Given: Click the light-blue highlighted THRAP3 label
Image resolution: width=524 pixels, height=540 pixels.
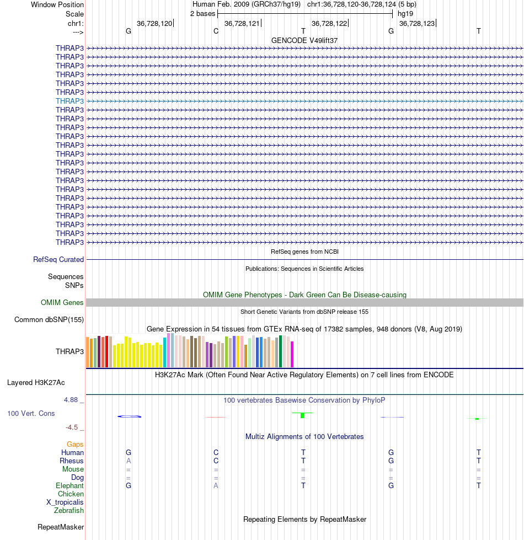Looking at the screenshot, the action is point(70,101).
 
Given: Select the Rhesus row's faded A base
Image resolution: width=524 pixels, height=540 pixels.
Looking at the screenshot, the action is point(129,461).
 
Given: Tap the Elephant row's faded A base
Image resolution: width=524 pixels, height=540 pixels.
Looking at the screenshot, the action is point(216,485).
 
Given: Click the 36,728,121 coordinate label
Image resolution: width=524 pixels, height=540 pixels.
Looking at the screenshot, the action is point(242,23).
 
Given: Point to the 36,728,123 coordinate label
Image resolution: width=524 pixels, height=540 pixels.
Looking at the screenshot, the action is point(417,23).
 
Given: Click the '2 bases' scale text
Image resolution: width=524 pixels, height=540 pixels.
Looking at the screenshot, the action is point(203,14).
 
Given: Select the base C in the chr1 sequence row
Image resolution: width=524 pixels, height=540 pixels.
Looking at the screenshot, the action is point(216,31).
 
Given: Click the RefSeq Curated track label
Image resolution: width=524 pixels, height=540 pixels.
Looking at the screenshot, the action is point(58,260).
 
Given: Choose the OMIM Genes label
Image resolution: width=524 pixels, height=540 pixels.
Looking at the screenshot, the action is point(62,302).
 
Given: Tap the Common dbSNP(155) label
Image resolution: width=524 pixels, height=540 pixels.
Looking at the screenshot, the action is point(49,319).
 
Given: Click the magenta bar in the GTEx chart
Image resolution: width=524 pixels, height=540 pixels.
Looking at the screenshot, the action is point(292,354).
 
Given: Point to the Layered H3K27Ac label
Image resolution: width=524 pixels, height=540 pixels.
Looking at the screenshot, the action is point(36,383).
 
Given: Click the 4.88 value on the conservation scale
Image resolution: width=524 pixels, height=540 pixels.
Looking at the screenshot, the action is point(71,400).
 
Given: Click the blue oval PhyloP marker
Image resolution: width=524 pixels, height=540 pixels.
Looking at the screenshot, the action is point(130,416).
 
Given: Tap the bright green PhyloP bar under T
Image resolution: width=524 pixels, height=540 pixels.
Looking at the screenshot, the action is point(302,415).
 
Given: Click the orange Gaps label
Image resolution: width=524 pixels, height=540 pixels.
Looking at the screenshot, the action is point(75,444).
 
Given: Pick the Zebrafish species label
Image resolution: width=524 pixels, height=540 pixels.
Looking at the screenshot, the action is point(69,510).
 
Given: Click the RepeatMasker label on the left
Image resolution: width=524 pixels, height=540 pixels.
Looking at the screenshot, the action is point(61,527).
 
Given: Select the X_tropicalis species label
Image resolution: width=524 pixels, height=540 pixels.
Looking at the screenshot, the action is point(65,502).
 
